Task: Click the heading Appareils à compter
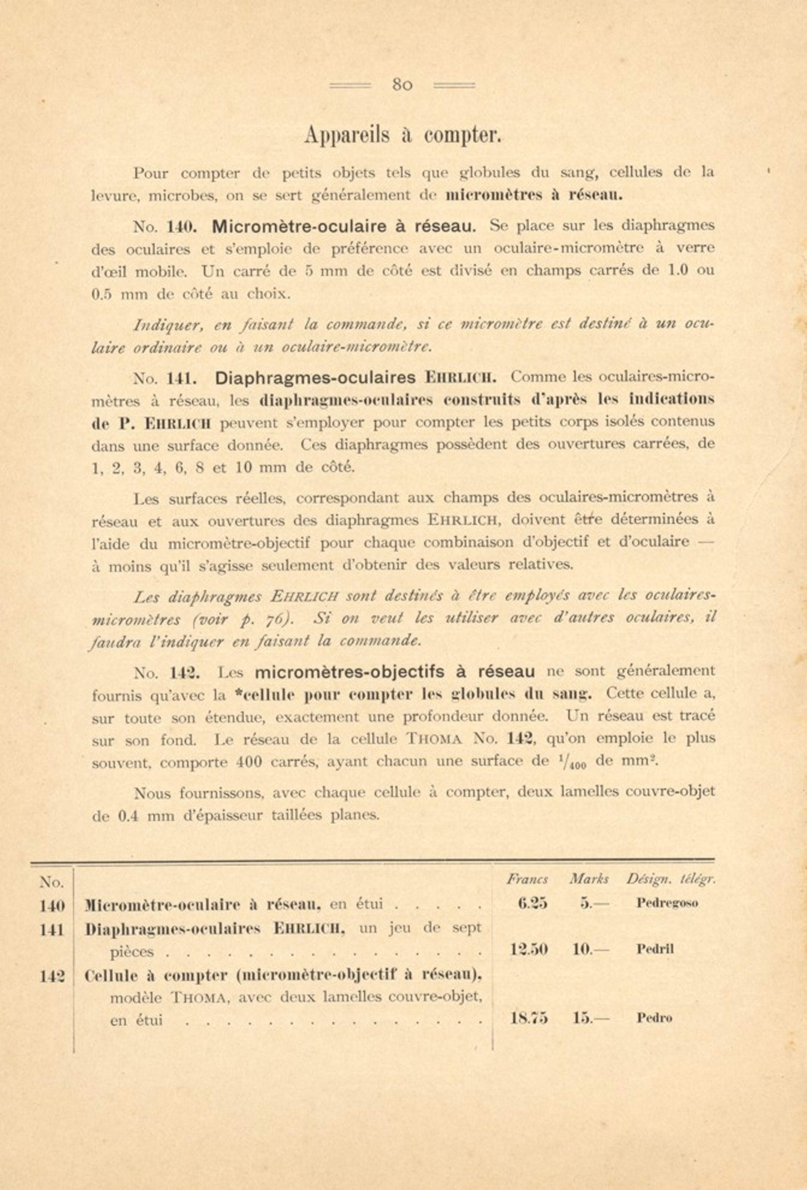pos(402,135)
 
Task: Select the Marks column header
pos(588,879)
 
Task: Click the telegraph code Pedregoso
pos(667,903)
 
